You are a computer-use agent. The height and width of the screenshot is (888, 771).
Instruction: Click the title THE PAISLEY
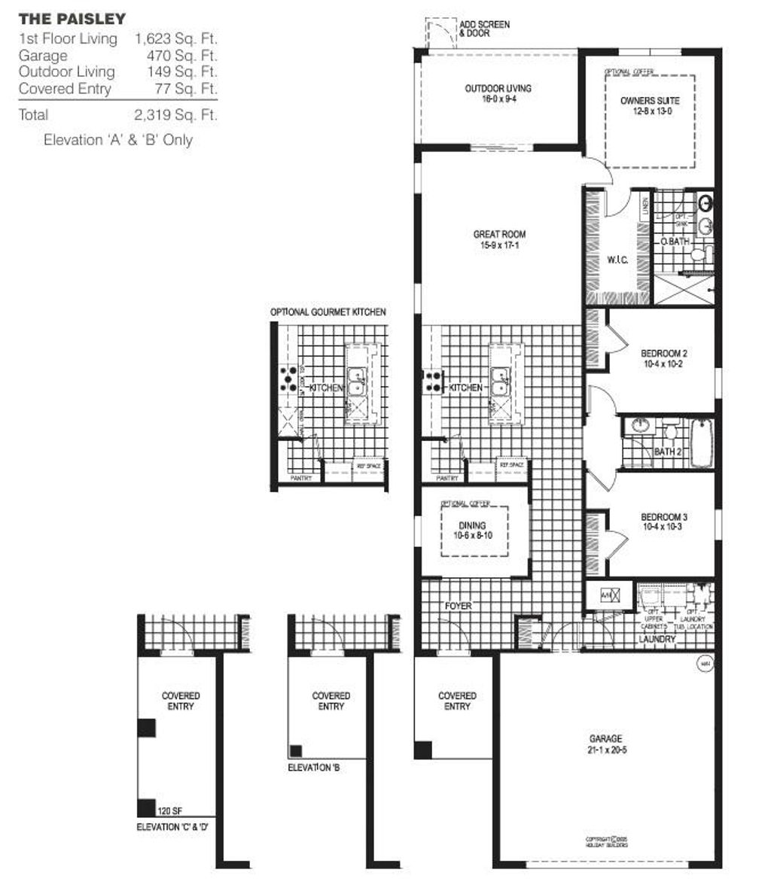pos(72,18)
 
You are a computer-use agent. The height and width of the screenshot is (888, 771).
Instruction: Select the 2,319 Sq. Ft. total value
pos(175,115)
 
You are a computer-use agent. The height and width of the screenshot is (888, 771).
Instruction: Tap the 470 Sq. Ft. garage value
pos(181,56)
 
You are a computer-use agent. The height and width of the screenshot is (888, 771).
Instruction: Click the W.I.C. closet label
pos(617,260)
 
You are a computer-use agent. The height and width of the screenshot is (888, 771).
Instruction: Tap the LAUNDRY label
pos(657,639)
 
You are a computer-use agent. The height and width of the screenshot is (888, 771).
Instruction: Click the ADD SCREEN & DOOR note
pos(484,29)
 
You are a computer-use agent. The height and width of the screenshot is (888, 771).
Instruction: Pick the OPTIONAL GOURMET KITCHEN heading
pos(328,312)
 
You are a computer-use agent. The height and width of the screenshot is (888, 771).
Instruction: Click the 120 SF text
pos(169,811)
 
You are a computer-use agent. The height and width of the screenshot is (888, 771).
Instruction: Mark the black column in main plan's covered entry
pos(423,750)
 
